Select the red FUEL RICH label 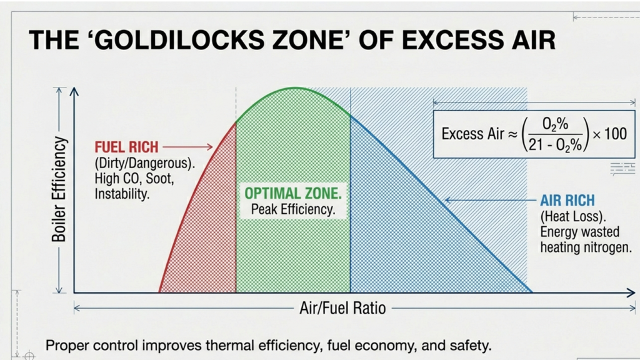pyautogui.click(x=126, y=147)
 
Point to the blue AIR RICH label pyautogui.click(x=567, y=201)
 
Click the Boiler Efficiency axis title pyautogui.click(x=59, y=190)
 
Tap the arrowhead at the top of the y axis pyautogui.click(x=74, y=91)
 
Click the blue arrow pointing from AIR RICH pyautogui.click(x=487, y=201)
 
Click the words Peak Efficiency pyautogui.click(x=293, y=210)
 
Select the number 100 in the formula pyautogui.click(x=614, y=134)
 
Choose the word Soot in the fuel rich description pyautogui.click(x=166, y=179)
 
